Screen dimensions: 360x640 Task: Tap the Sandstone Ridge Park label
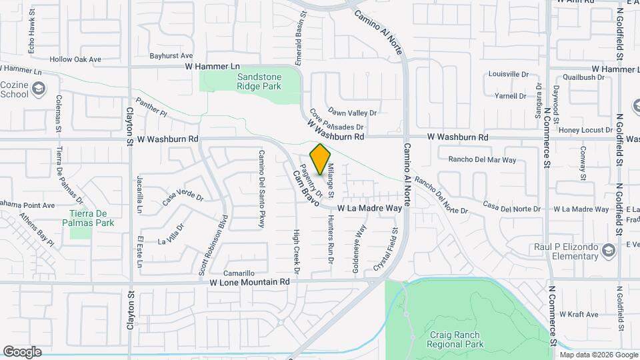259,81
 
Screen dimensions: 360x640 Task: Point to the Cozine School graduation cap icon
39,88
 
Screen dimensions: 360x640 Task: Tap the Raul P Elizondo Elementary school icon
607,250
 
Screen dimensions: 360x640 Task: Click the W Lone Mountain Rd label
249,282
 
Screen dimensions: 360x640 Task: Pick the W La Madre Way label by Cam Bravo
369,209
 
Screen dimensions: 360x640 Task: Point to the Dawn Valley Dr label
353,113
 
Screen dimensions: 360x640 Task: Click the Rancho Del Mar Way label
482,160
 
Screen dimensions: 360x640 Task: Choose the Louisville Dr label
508,75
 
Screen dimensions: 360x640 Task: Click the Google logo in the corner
22,352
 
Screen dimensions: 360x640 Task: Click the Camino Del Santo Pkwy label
262,189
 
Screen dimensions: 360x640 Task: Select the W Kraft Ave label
581,313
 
